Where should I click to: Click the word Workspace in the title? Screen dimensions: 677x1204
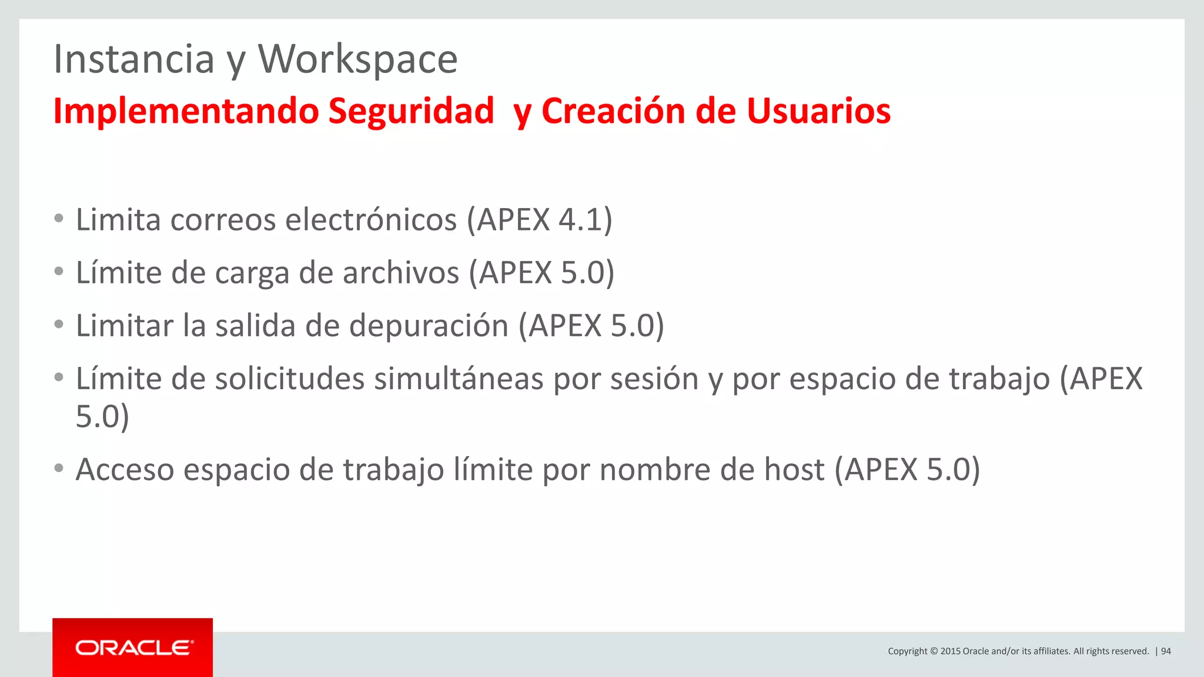[357, 59]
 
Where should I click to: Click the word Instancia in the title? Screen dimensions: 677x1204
[134, 59]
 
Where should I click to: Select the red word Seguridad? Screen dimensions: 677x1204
[411, 110]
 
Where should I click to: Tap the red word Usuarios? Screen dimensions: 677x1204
[818, 110]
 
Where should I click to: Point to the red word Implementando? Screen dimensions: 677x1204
[186, 110]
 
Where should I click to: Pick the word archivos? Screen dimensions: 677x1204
[400, 273]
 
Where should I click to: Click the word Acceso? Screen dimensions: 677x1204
[125, 470]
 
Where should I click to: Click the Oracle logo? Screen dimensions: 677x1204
[133, 648]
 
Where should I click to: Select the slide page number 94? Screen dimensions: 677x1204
[1166, 651]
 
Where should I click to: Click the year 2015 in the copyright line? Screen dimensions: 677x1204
[950, 651]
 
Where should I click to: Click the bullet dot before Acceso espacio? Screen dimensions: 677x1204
[58, 469]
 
